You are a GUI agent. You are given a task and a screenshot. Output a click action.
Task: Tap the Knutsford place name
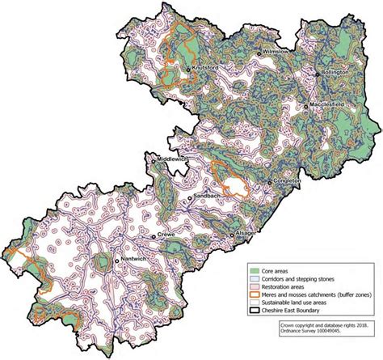tap(206, 69)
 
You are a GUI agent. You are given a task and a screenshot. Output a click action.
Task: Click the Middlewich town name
tap(172, 159)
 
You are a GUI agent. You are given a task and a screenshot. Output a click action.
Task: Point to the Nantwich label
tap(133, 260)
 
